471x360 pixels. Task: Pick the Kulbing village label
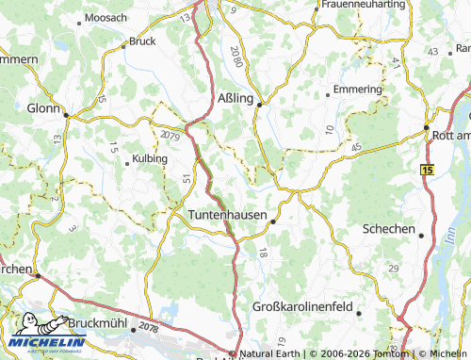click(x=150, y=158)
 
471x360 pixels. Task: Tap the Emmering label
click(x=354, y=91)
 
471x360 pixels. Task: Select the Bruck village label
click(x=142, y=41)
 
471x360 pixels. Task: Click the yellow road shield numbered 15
click(x=429, y=169)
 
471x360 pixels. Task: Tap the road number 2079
click(x=171, y=136)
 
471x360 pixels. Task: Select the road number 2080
click(x=236, y=57)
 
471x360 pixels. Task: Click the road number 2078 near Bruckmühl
click(x=148, y=326)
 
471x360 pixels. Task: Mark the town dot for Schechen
click(x=421, y=236)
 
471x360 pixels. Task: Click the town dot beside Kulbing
click(x=127, y=163)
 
